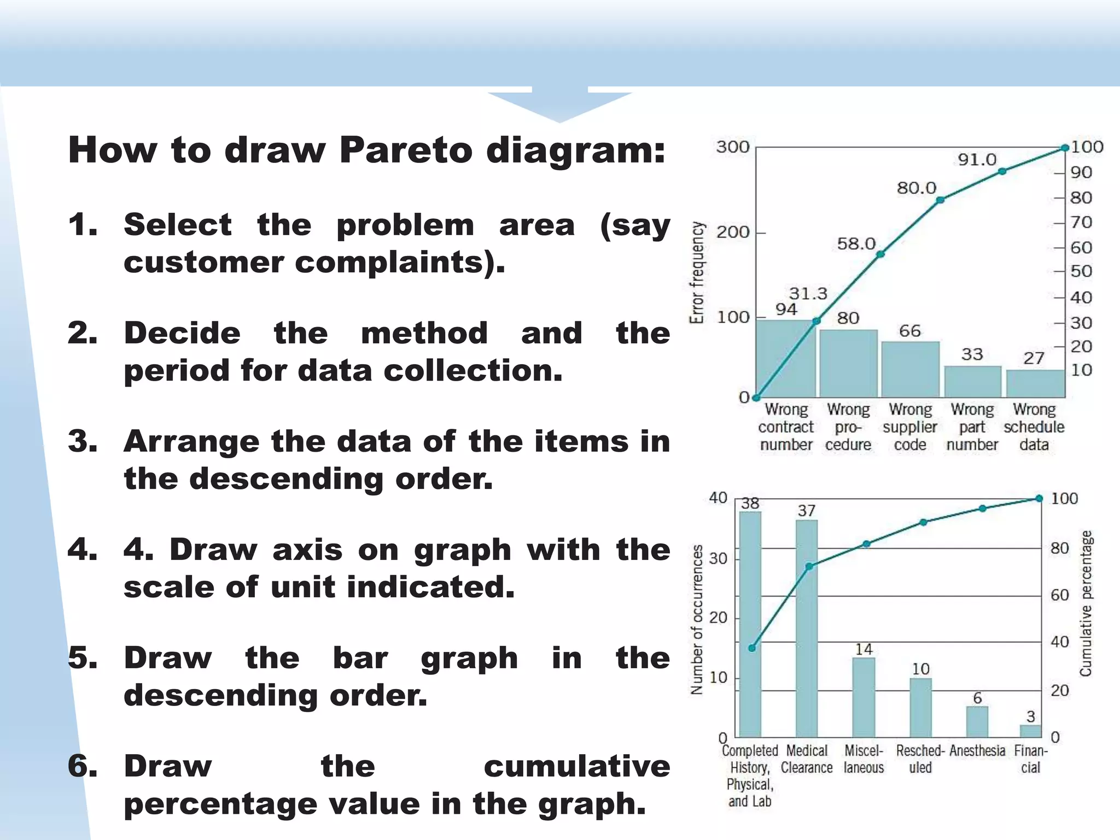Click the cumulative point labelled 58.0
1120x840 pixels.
(880, 254)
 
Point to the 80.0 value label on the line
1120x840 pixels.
(917, 188)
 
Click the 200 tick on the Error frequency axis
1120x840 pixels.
(733, 232)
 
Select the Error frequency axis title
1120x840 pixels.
(697, 272)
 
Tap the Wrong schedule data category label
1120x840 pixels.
(1034, 427)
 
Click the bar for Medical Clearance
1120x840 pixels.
(807, 629)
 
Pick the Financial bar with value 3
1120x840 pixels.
(1030, 731)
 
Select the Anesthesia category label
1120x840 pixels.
(977, 751)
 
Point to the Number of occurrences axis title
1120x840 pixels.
(697, 619)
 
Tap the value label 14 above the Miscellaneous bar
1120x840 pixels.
(864, 649)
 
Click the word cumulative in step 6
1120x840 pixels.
(577, 766)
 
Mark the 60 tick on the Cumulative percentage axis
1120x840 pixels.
(1060, 595)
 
